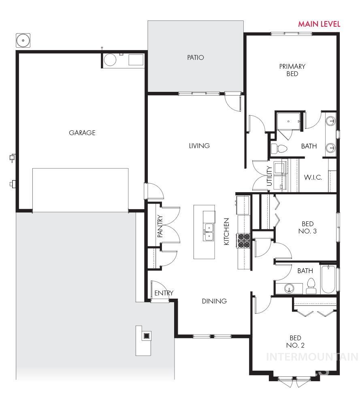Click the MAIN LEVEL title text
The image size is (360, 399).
tap(319, 24)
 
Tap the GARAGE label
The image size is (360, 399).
tap(82, 133)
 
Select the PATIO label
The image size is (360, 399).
tap(195, 57)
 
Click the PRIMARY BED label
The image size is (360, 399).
tap(292, 70)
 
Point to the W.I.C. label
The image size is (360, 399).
tap(313, 177)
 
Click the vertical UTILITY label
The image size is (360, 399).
tap(270, 176)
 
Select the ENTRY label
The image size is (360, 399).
tap(164, 293)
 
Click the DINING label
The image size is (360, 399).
tap(214, 301)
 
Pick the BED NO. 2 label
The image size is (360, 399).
tap(295, 342)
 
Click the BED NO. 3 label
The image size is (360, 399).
tap(307, 227)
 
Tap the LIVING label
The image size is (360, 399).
tap(199, 146)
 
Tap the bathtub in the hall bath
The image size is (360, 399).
tap(328, 279)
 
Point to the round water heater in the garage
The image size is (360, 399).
tap(110, 60)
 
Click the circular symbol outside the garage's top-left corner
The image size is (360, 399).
tap(23, 40)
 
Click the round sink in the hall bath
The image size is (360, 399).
tap(289, 289)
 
